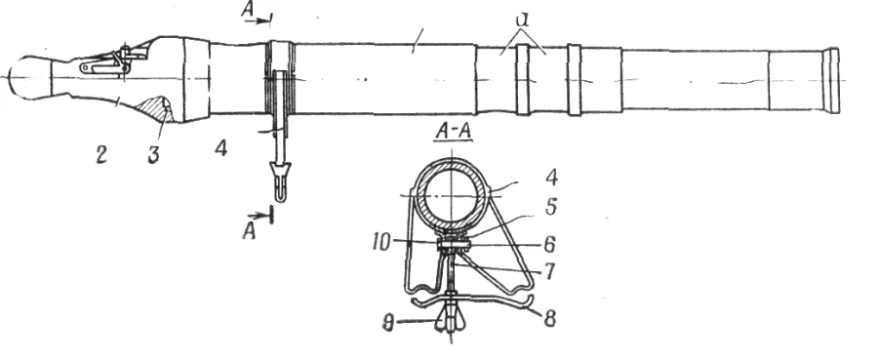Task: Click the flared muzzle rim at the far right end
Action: tap(831, 77)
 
